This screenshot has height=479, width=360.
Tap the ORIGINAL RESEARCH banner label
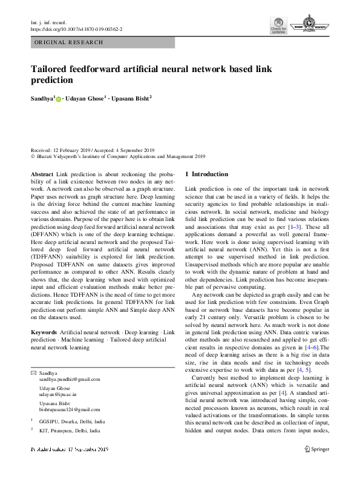(x=70, y=42)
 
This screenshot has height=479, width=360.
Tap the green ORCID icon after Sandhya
(x=59, y=99)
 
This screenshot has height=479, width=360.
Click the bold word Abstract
(x=42, y=174)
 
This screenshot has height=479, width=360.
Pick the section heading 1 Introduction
(x=206, y=174)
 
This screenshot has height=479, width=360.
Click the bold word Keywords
(x=44, y=333)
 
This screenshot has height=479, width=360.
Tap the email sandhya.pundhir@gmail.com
(x=70, y=379)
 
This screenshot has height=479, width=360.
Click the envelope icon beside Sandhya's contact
(x=33, y=373)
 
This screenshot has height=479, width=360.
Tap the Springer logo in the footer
(x=316, y=449)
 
